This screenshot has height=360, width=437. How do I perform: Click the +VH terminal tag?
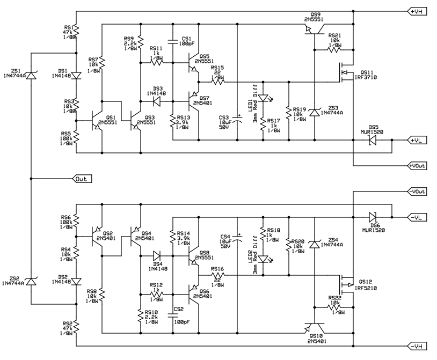(417, 11)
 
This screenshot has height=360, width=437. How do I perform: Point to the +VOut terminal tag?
(417, 166)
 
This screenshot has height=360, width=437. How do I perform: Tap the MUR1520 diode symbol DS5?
(373, 140)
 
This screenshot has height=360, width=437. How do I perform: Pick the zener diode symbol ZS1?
(32, 77)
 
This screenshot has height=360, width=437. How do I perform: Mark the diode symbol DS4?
(157, 255)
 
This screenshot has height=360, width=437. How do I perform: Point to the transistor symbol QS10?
(316, 327)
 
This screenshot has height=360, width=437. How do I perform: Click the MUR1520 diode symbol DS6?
(373, 217)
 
